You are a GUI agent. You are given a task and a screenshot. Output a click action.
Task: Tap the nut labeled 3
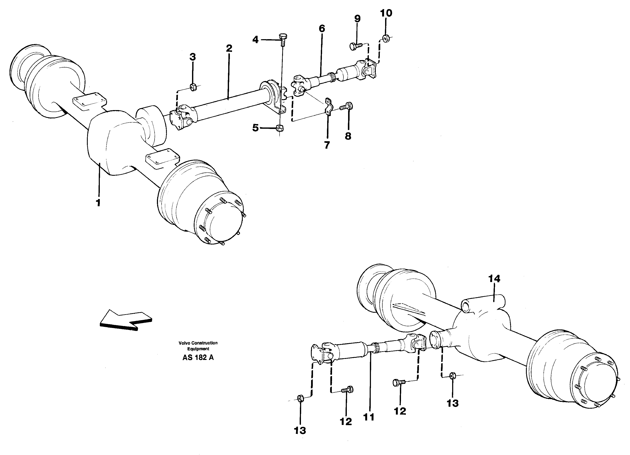tap(193, 87)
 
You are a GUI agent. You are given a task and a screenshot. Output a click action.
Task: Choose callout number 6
tap(322, 28)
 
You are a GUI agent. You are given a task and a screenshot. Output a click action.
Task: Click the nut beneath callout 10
tap(385, 38)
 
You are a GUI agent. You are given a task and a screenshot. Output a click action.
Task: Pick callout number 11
tap(369, 417)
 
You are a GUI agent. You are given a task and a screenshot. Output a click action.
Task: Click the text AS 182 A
tap(198, 358)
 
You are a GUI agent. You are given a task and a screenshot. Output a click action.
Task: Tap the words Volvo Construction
tap(198, 343)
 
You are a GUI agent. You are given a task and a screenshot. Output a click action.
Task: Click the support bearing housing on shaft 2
tap(274, 96)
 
